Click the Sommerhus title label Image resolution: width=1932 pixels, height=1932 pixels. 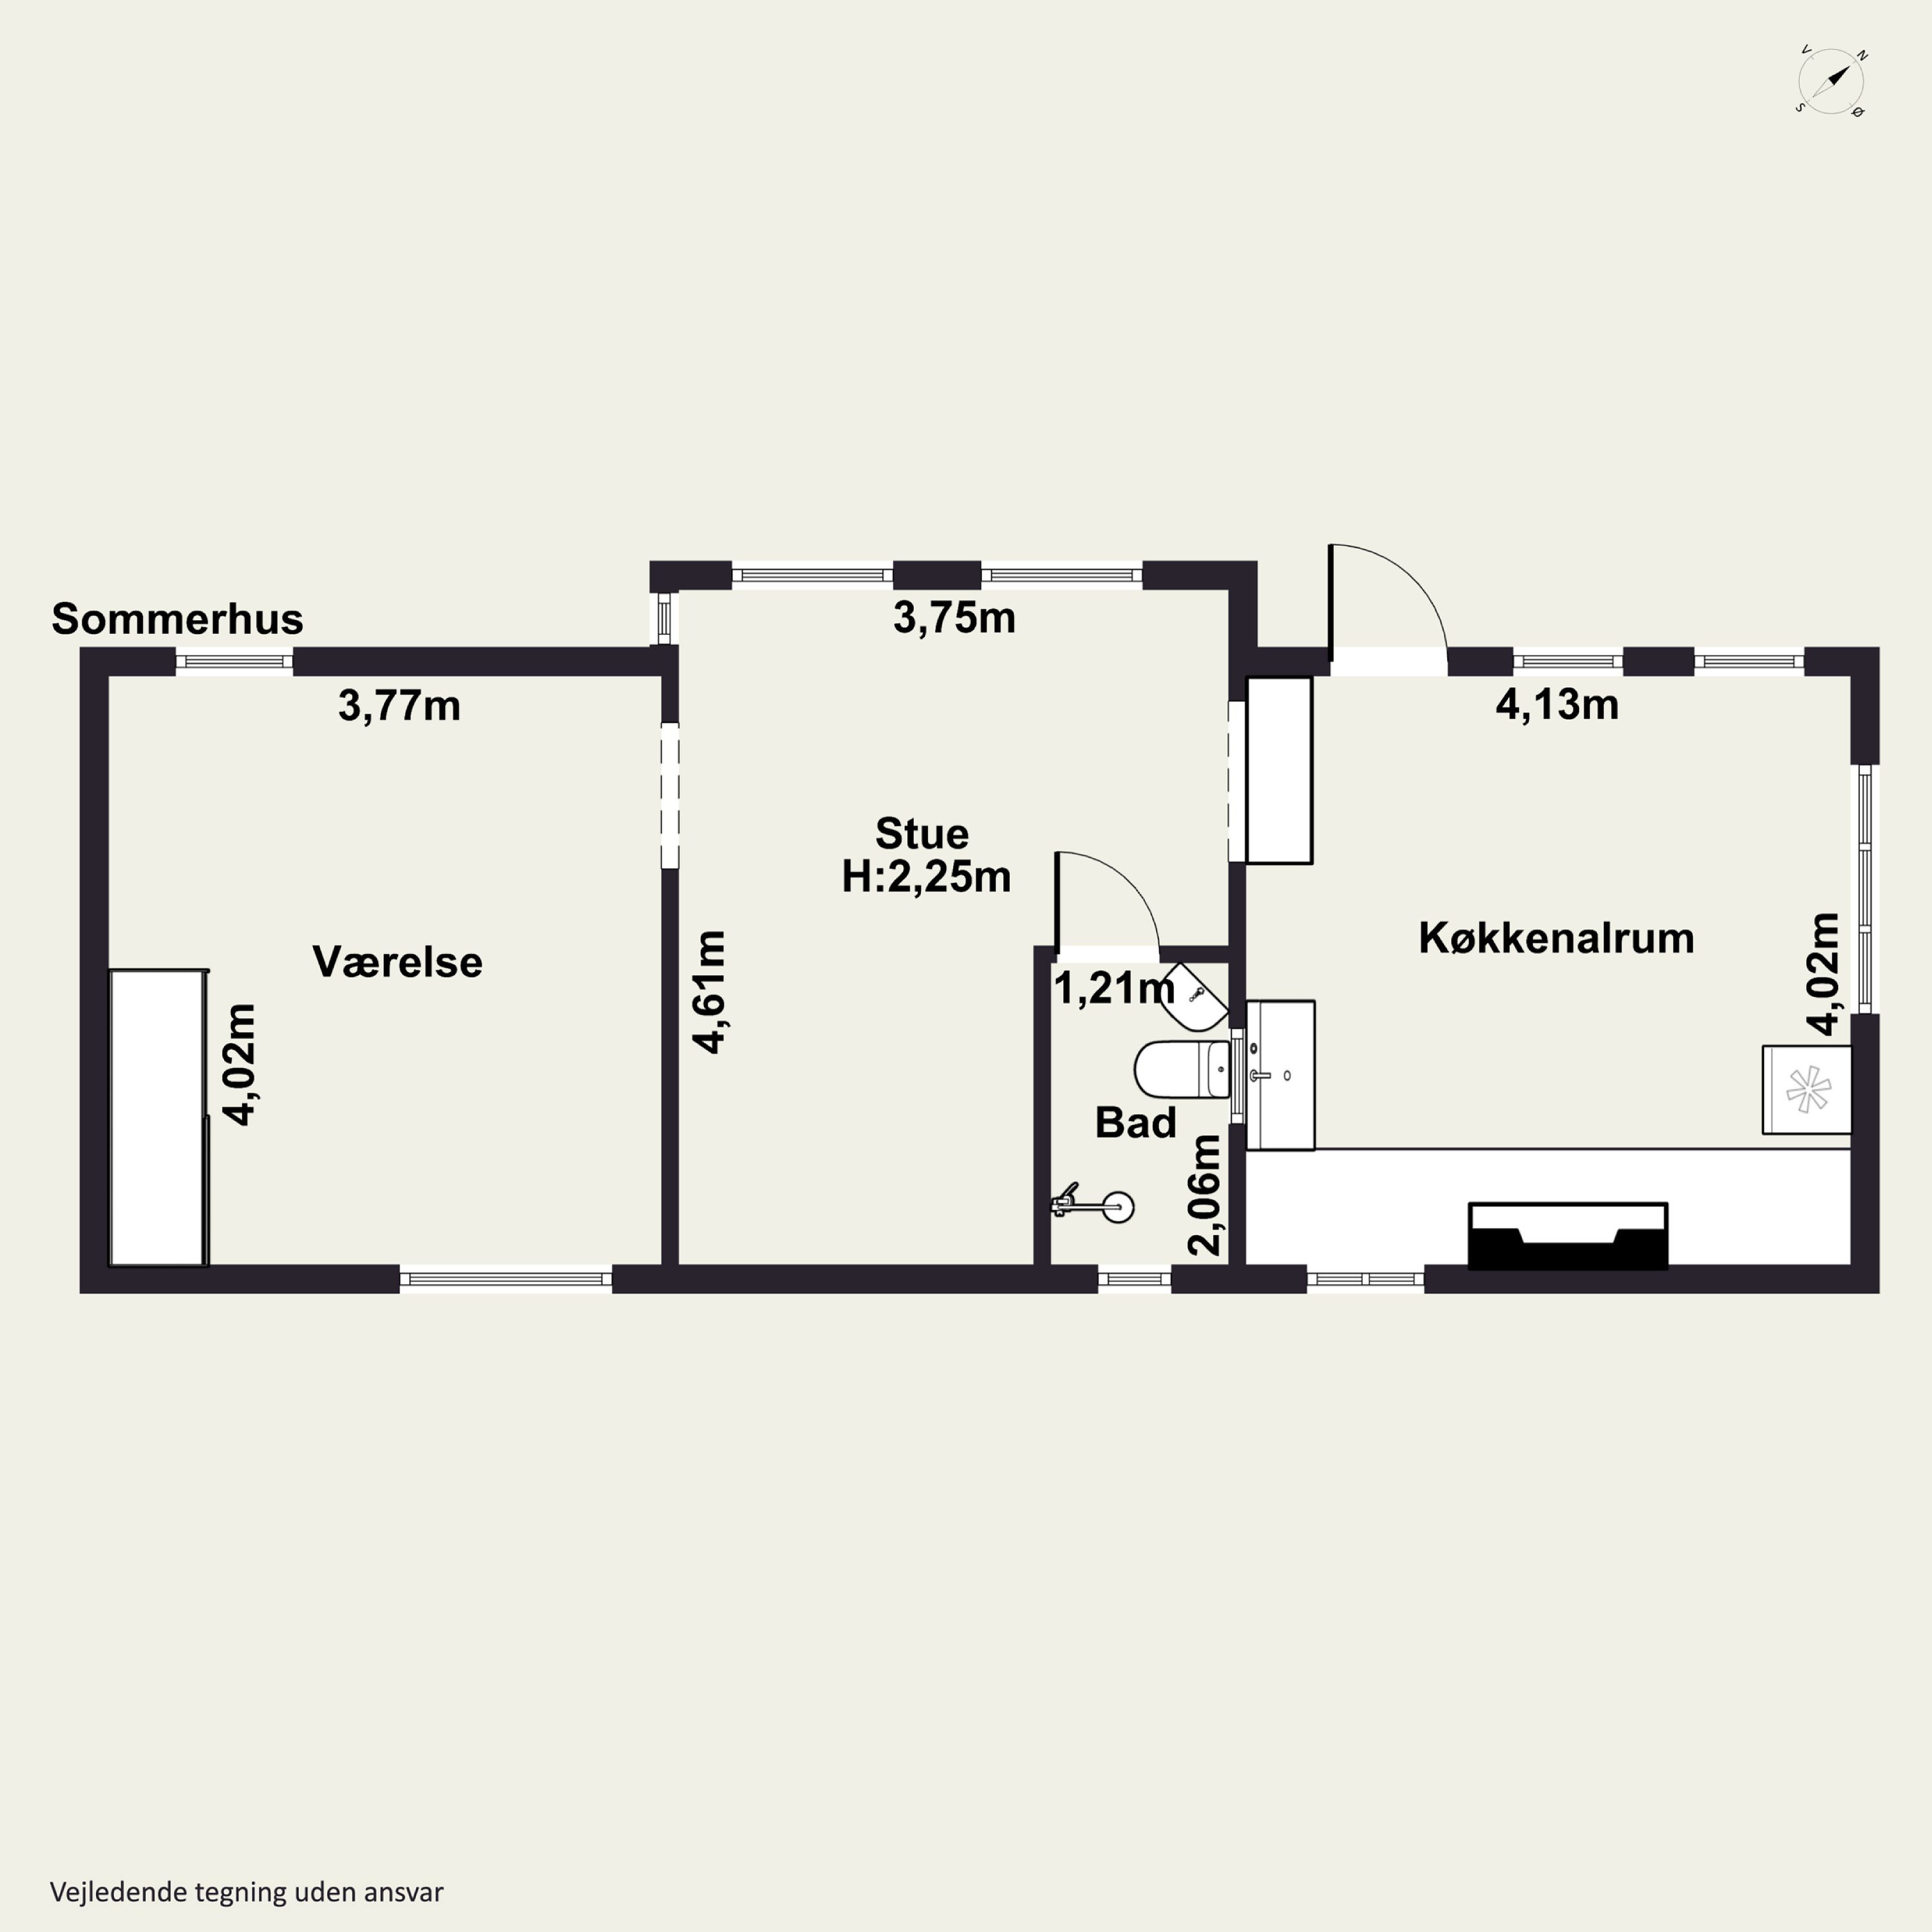point(177,619)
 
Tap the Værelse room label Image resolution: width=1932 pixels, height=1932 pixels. point(397,962)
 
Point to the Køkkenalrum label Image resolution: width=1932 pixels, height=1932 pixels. point(1556,938)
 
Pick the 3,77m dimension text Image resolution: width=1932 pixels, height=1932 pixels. point(399,706)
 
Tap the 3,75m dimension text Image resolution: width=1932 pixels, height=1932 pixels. point(954,618)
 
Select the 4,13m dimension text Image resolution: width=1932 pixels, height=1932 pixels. point(1557,705)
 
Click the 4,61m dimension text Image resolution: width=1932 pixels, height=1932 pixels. point(709,992)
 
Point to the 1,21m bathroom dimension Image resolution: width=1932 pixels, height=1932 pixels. point(1114,989)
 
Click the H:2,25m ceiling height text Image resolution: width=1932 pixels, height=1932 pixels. point(926,877)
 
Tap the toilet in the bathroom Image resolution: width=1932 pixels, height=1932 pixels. point(1182,1069)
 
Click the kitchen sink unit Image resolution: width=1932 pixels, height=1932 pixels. point(1280,1075)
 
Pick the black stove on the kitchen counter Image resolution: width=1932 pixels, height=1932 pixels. point(1567,1236)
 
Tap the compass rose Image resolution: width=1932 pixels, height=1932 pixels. point(1831,82)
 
